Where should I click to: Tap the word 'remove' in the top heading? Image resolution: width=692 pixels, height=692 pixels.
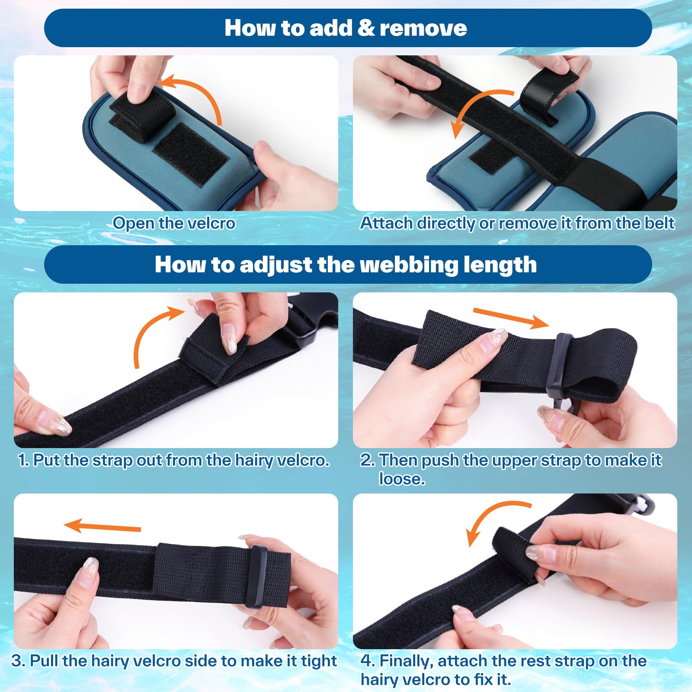[423, 29]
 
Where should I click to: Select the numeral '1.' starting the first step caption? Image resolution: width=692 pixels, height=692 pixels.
[24, 460]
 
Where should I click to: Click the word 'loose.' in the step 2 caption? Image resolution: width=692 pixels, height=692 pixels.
[402, 479]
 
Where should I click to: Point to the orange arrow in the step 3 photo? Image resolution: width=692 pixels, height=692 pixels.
[102, 526]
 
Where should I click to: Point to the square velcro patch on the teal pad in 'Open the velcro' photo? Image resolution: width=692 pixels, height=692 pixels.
[191, 154]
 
